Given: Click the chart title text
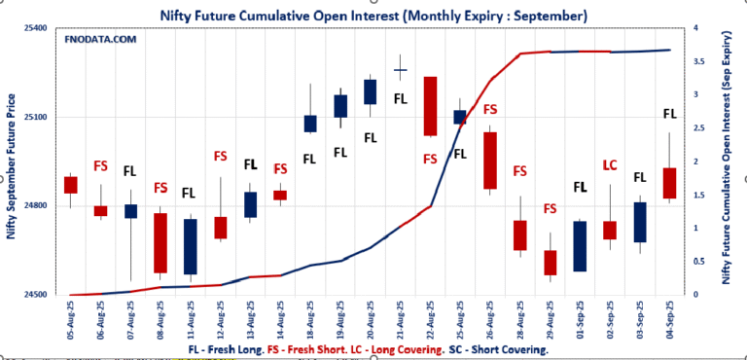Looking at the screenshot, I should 373,16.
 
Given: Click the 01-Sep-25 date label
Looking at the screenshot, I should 580,320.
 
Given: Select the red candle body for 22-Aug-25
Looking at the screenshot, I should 430,106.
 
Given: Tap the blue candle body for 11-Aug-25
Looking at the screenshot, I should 191,246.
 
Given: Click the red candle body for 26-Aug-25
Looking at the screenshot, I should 489,161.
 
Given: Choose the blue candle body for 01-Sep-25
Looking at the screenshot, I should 580,246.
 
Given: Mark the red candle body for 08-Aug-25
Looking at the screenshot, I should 160,242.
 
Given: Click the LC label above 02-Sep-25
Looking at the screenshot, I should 610,164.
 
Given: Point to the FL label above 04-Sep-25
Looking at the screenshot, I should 669,114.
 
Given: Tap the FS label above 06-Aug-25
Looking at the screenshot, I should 100,165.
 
